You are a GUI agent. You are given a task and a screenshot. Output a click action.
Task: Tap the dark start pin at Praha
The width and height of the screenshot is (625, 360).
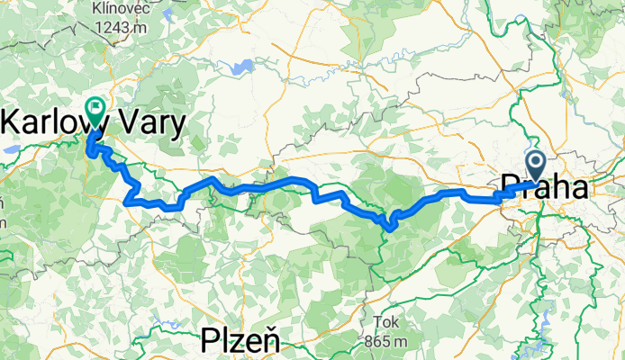click(x=534, y=165)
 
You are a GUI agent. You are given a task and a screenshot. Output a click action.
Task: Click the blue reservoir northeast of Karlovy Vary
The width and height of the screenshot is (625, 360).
click(x=240, y=67)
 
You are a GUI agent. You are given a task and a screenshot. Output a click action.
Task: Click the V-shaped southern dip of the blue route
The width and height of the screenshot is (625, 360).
click(x=390, y=226)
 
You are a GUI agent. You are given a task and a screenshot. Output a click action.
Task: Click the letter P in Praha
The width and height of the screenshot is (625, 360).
click(x=509, y=187)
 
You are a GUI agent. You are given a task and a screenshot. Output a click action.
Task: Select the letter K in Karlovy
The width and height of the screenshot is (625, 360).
click(x=14, y=121)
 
